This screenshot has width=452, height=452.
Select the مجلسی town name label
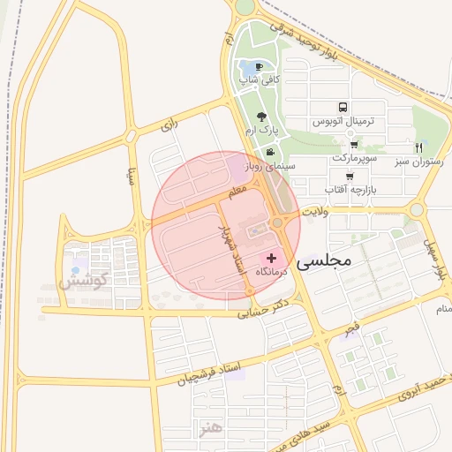[325, 260]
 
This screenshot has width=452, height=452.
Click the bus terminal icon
[343, 106]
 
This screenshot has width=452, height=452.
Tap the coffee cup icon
[259, 66]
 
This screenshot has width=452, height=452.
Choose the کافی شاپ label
[260, 80]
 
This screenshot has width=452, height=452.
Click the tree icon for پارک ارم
[261, 116]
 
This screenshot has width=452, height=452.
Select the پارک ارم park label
[262, 130]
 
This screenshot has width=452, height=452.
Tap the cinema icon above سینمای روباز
[270, 151]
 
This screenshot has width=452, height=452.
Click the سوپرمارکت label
[355, 157]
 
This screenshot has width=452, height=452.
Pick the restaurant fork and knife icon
[419, 147]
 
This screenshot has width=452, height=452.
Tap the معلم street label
[237, 189]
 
